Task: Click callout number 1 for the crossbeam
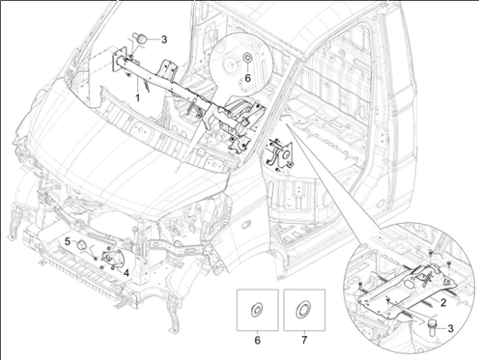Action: tap(137, 97)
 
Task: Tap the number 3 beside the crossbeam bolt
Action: tap(164, 40)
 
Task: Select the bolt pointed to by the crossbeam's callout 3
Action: tap(141, 38)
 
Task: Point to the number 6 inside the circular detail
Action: tap(247, 78)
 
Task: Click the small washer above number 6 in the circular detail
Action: tap(247, 58)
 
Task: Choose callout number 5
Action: tap(68, 241)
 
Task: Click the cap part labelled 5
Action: tap(81, 245)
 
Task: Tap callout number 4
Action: tap(126, 273)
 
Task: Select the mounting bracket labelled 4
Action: tap(111, 259)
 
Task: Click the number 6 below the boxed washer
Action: tap(257, 340)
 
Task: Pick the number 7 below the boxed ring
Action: tap(304, 340)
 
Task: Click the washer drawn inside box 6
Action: tap(257, 310)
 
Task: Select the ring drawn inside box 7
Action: tap(303, 310)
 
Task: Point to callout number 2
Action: tap(443, 302)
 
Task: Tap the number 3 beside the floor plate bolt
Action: tap(451, 328)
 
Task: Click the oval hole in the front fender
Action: tap(245, 224)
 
